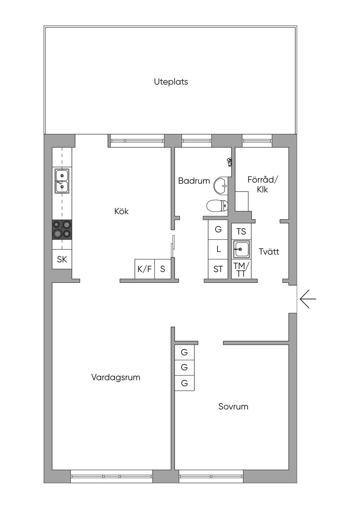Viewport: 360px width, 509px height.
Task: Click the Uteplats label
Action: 171,82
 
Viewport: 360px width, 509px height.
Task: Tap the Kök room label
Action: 121,211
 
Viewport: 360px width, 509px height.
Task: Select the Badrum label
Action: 194,181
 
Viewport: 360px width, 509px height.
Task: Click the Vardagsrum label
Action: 116,377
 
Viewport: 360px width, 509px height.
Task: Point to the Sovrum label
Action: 233,406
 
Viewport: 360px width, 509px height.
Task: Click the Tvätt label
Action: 269,252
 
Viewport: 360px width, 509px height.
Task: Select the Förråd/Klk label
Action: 262,184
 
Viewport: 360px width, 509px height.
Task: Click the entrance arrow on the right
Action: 308,299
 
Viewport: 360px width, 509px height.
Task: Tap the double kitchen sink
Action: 62,181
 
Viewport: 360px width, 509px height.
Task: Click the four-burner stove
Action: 62,230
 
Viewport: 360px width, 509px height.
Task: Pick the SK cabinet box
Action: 62,259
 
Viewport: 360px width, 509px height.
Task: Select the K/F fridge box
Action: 144,269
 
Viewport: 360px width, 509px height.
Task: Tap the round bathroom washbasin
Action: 221,185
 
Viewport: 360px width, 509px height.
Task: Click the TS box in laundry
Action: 241,231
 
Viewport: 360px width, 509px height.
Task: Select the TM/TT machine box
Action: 241,270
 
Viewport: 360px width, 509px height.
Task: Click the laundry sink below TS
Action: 242,249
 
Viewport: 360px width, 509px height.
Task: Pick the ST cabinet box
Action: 218,269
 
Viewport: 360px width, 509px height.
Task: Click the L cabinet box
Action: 218,249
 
